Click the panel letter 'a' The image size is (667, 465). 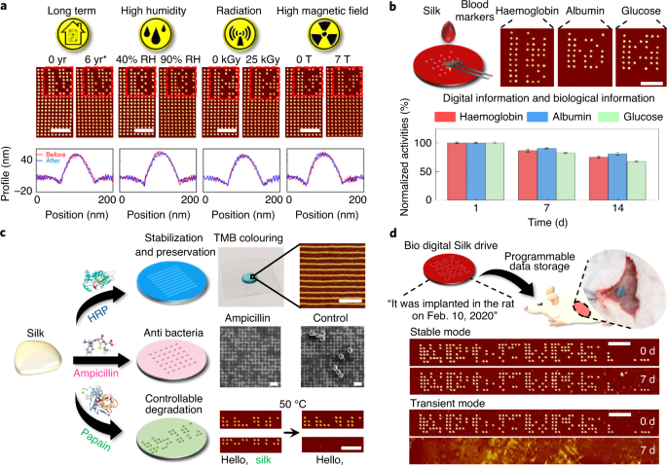coord(7,8)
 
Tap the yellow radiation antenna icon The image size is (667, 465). coord(236,36)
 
